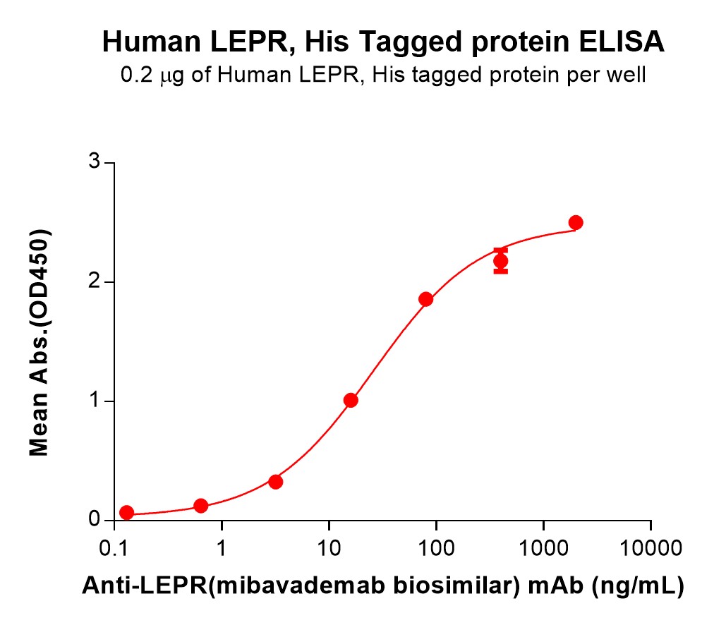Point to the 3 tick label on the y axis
tap(90, 163)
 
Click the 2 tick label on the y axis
tap(90, 282)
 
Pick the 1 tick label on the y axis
tap(90, 401)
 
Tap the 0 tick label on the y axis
tap(90, 520)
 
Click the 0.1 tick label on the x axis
tap(114, 548)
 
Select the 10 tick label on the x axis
tap(329, 548)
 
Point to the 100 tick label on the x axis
tap(436, 548)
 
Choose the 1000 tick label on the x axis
tap(543, 548)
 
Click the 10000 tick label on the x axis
tap(650, 548)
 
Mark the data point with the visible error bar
tap(500, 261)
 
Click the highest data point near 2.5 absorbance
tap(576, 222)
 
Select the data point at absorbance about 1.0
tap(351, 400)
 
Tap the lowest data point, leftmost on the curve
tap(126, 512)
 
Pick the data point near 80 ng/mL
tap(425, 299)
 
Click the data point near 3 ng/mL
tap(276, 482)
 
